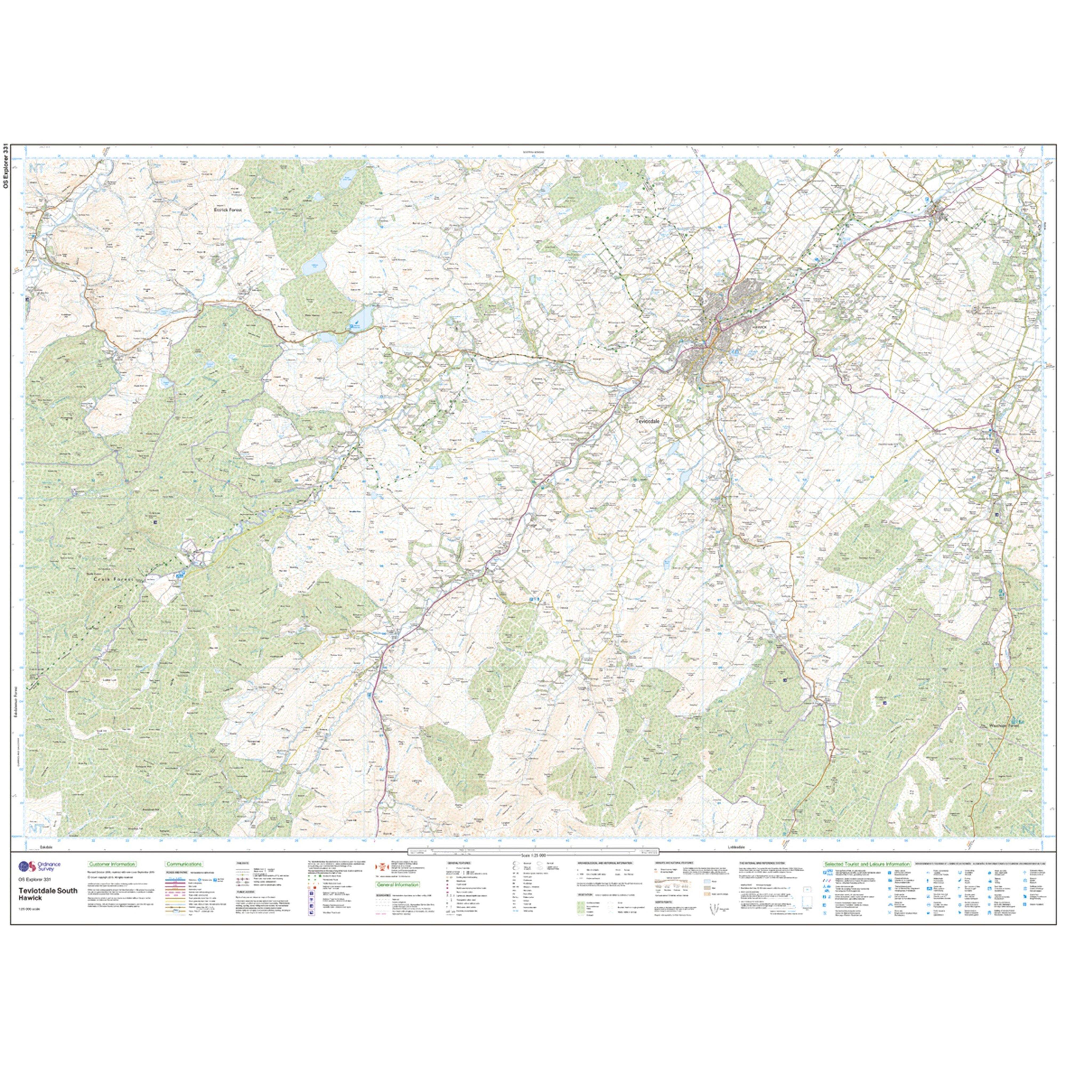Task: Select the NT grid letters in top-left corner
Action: click(x=37, y=168)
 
